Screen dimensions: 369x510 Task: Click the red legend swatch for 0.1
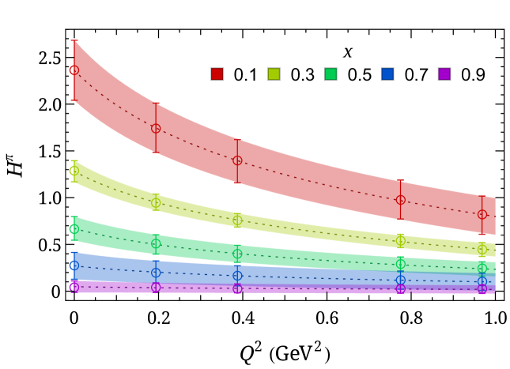click(x=217, y=75)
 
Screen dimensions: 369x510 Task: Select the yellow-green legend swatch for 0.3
click(x=274, y=75)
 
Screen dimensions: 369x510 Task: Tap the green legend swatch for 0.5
click(x=331, y=75)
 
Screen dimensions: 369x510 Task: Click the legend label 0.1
click(x=245, y=75)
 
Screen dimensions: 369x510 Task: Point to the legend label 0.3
click(x=302, y=75)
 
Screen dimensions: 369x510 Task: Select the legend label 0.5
click(x=359, y=75)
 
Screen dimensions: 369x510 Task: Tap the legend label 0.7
click(x=416, y=75)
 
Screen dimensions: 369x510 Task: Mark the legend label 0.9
click(x=473, y=75)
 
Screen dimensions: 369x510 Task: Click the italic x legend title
click(x=347, y=52)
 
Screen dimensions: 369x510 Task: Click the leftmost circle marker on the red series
click(x=74, y=70)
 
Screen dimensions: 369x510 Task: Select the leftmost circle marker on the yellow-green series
click(x=74, y=171)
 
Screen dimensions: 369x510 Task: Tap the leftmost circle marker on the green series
click(x=74, y=230)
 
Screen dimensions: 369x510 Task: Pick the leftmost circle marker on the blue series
click(x=74, y=265)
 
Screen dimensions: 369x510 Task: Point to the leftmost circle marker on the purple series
click(x=74, y=287)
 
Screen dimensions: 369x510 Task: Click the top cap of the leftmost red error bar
click(x=74, y=40)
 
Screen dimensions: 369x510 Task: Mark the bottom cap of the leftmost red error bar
click(x=74, y=100)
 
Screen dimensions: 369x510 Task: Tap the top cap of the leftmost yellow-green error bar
click(x=74, y=160)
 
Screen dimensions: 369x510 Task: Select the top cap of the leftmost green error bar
click(x=74, y=217)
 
